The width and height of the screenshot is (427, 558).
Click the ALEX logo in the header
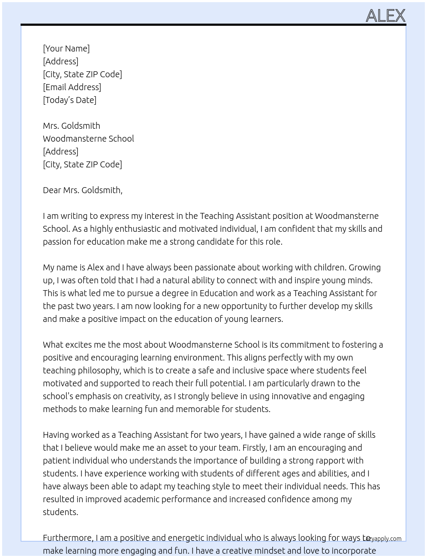(x=385, y=16)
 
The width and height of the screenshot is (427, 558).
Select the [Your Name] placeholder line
(x=66, y=49)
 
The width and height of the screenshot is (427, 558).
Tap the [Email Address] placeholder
(x=72, y=87)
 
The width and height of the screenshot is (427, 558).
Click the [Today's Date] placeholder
(x=69, y=100)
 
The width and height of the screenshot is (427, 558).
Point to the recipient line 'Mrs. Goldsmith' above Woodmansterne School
(x=71, y=126)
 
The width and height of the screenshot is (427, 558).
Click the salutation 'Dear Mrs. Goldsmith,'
(x=82, y=190)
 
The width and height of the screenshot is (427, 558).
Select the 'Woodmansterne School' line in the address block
(x=88, y=139)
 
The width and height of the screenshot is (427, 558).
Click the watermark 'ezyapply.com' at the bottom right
(x=385, y=539)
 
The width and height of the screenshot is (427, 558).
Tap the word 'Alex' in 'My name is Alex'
(x=95, y=267)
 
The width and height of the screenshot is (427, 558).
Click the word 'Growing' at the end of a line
(x=364, y=267)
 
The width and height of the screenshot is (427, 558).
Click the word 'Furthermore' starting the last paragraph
(x=68, y=538)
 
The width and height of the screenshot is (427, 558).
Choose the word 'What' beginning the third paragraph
(x=53, y=345)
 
